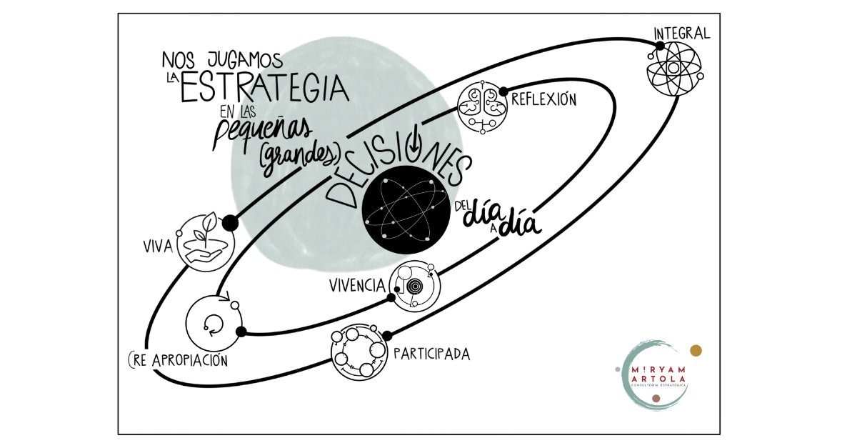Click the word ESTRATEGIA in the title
264,89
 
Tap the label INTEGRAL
682,33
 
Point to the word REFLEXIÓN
543,100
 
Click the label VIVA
157,248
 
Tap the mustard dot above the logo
696,350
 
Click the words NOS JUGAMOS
222,57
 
